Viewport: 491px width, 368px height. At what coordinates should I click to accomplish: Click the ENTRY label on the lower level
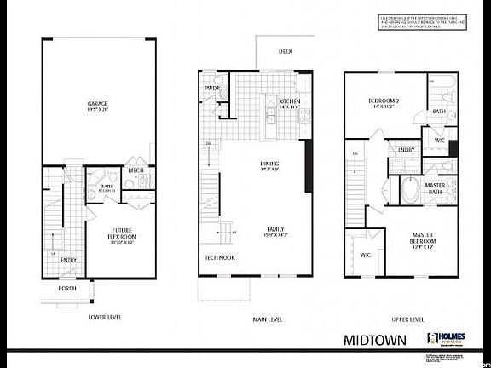(x=69, y=261)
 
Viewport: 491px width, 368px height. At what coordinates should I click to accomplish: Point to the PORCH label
(x=67, y=288)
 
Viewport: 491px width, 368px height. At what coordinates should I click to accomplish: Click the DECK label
(x=286, y=51)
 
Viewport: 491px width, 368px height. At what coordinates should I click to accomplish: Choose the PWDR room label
(x=212, y=89)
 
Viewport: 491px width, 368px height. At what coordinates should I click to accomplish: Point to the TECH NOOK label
(x=220, y=257)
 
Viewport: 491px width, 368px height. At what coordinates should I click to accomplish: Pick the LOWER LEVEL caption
(x=105, y=317)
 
